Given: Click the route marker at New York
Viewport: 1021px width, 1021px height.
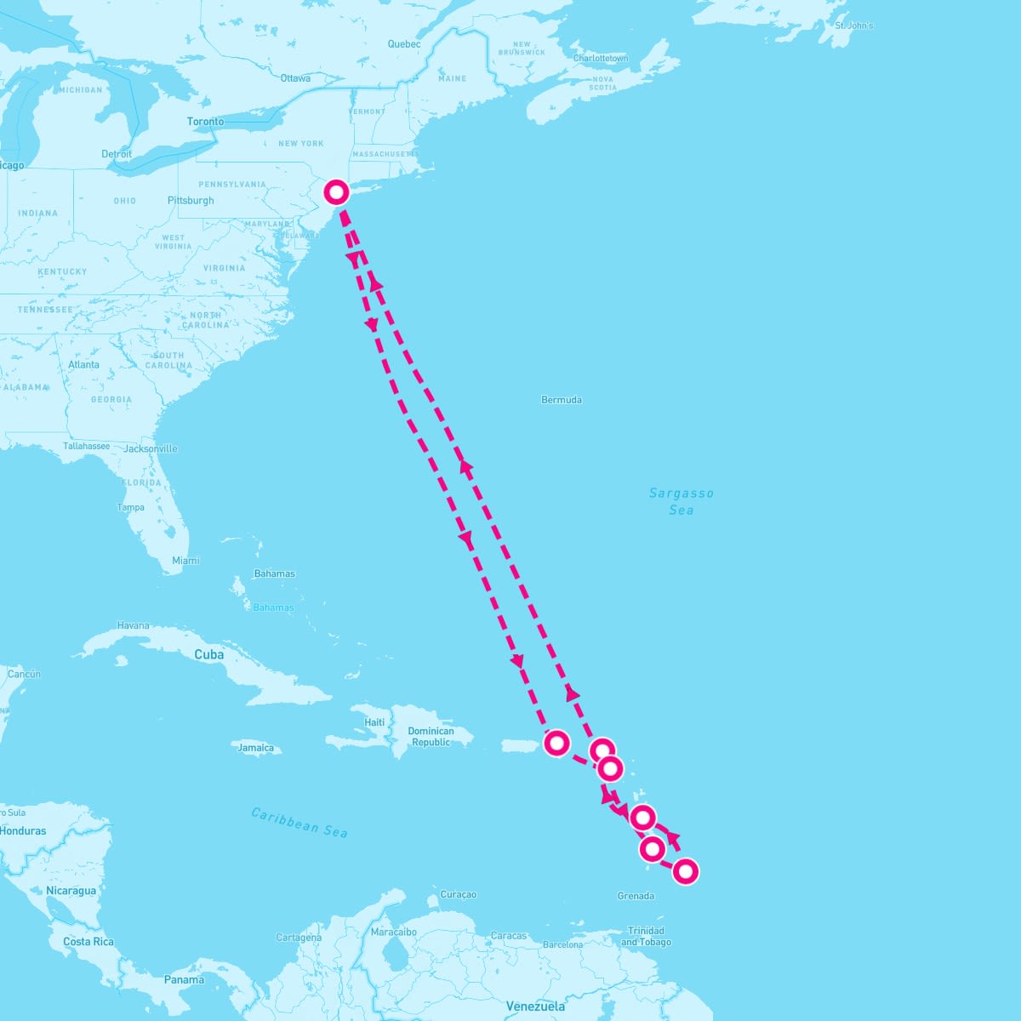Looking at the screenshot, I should coord(336,191).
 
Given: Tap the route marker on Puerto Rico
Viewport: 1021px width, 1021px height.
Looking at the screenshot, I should coord(556,742).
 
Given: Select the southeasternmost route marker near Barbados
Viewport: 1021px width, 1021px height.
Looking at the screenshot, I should coord(686,871).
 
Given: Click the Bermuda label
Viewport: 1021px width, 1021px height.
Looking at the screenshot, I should coord(562,400).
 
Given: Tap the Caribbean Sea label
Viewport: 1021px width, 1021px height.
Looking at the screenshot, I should coord(299,823).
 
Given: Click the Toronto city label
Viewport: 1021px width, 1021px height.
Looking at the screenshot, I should coord(205,122).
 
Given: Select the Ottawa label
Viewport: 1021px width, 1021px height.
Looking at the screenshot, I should coord(295,78).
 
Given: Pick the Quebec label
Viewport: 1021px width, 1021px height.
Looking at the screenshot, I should coord(404,44).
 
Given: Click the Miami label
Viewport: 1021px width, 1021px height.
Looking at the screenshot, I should coord(185,561).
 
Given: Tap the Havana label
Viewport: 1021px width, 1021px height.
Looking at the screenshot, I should coord(133,625).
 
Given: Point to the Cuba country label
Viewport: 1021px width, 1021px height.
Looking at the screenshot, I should coord(208,654).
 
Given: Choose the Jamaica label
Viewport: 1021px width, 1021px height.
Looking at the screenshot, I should coord(256,749).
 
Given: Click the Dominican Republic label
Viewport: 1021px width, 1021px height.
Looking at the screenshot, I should coord(431,737).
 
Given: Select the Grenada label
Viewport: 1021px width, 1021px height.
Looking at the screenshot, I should coord(636,896).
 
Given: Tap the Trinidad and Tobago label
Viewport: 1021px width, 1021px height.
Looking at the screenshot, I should coord(646,936).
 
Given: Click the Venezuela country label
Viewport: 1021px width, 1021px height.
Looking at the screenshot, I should coord(535,1007).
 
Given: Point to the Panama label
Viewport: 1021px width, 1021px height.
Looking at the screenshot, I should coord(184,980).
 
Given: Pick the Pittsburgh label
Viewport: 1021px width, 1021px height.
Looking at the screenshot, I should coord(191,201).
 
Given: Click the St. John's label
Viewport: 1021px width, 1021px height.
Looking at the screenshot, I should coord(853,26).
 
